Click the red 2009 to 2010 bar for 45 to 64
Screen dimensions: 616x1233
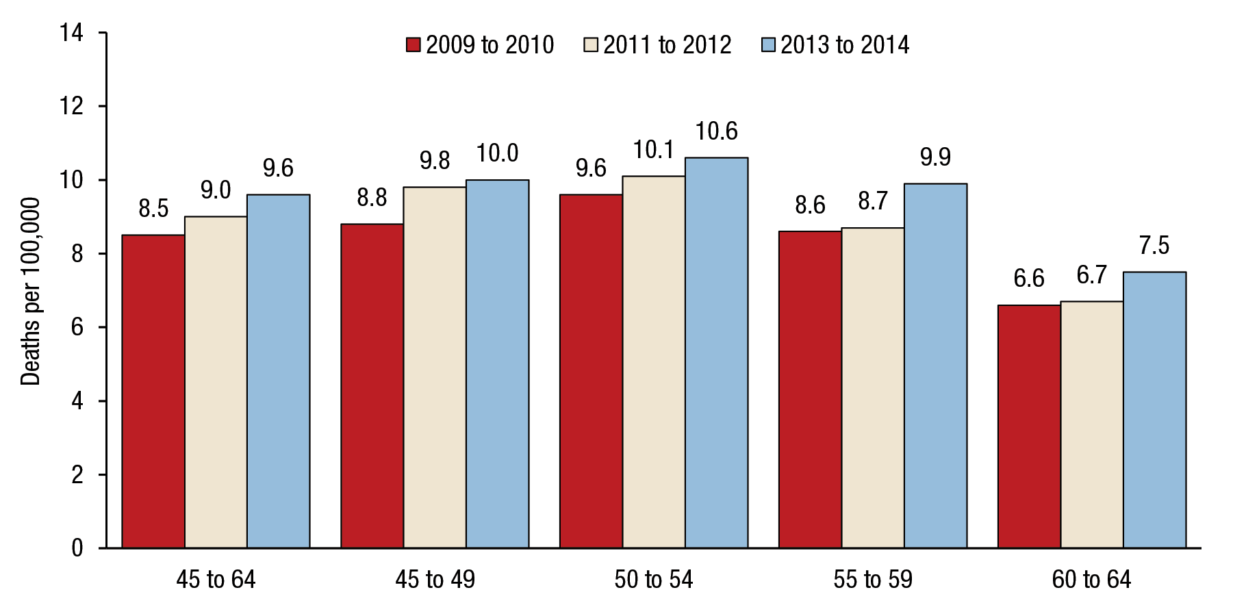pos(153,391)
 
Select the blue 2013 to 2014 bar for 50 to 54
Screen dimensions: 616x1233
pos(716,352)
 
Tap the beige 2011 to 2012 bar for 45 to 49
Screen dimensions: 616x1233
pos(435,367)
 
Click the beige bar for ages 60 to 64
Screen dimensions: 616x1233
pos(1092,424)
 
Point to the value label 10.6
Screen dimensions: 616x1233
pos(716,131)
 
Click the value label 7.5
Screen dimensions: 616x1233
pos(1154,246)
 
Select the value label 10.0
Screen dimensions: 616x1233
pos(497,153)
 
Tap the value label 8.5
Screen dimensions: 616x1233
pos(153,209)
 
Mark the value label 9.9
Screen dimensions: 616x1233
pos(935,157)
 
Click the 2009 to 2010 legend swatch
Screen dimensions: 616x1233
pos(413,45)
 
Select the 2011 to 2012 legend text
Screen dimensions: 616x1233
pos(668,45)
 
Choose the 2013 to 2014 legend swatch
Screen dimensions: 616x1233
pos(768,45)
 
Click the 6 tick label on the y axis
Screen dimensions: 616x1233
pos(77,327)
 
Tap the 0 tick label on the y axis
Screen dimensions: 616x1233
pos(77,548)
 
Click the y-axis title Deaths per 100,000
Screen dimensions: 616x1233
pos(31,291)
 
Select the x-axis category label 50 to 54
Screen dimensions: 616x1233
pos(654,580)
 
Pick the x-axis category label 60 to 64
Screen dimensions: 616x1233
pos(1091,580)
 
